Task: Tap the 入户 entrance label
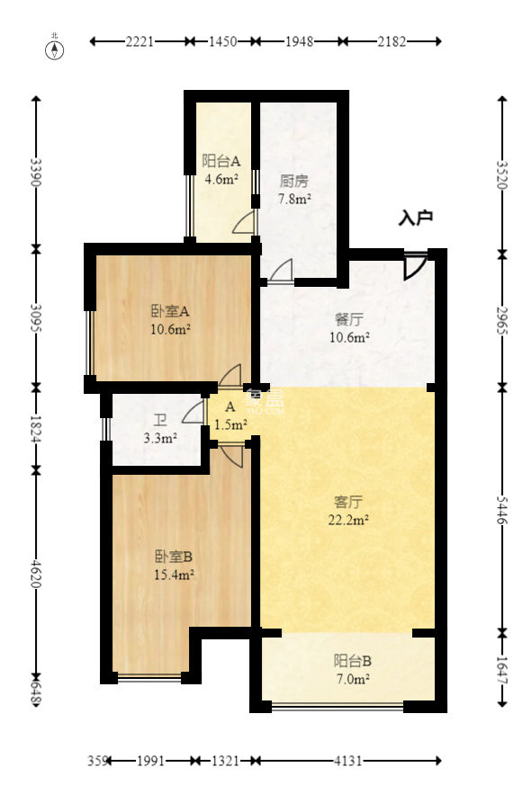(x=416, y=218)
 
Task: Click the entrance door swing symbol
(x=414, y=266)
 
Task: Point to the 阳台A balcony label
(x=220, y=162)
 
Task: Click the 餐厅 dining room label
(x=348, y=319)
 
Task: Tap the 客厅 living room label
(x=348, y=500)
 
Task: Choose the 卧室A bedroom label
(x=169, y=311)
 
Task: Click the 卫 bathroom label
(x=159, y=420)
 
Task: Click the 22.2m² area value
(x=348, y=519)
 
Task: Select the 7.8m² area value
(x=294, y=198)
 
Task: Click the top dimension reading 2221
(x=140, y=41)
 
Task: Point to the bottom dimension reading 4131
(x=347, y=761)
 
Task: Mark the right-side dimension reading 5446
(x=502, y=508)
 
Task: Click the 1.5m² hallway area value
(x=231, y=424)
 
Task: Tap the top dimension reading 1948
(x=297, y=41)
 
